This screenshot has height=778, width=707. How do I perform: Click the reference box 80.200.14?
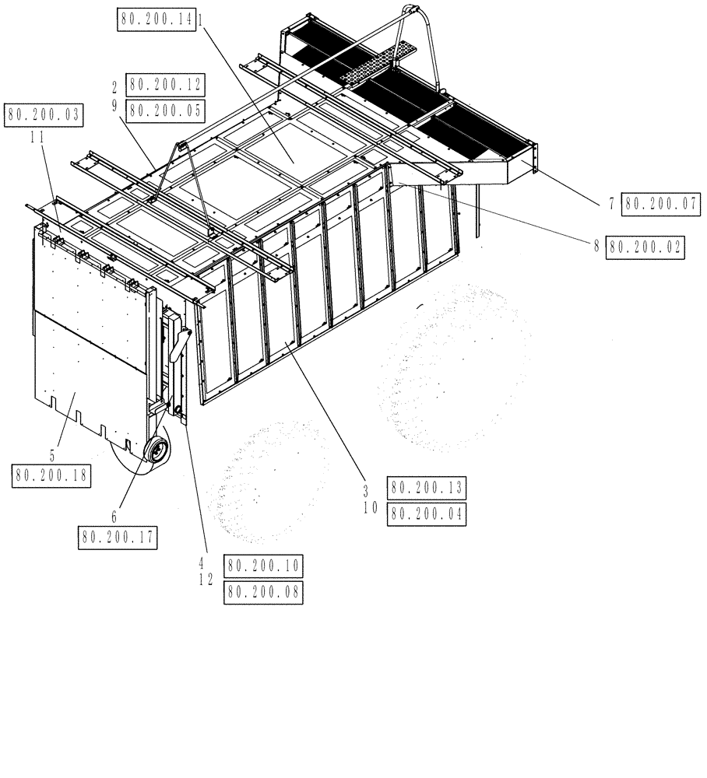158,19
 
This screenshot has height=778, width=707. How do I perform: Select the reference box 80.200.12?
165,85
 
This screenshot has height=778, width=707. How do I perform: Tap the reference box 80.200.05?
165,110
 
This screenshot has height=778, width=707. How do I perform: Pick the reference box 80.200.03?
44,116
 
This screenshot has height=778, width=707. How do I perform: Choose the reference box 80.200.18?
51,475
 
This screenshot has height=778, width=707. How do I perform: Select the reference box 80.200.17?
117,537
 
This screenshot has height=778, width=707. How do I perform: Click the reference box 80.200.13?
427,489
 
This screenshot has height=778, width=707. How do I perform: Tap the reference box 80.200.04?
427,514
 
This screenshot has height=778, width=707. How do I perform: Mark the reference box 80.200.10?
262,566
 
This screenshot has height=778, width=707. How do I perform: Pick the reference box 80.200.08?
262,593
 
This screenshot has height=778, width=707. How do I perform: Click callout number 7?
613,205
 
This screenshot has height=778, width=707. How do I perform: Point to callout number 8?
597,247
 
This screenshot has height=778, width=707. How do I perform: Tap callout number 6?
114,516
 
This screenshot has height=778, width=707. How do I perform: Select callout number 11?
36,136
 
